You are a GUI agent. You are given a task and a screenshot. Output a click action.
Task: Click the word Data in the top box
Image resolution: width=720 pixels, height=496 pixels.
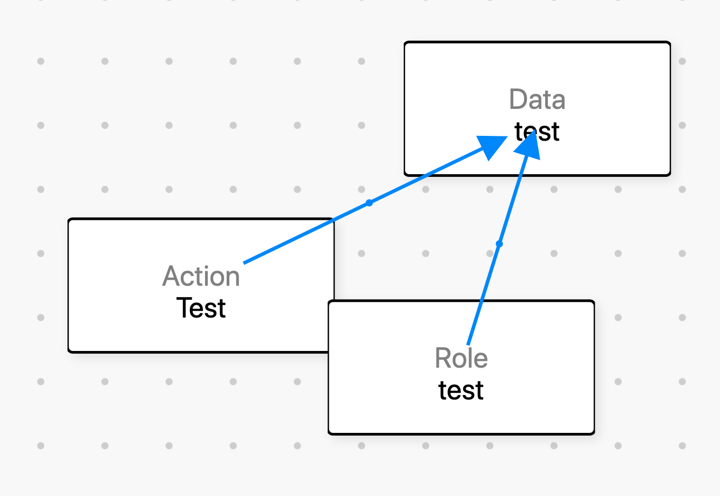click(537, 100)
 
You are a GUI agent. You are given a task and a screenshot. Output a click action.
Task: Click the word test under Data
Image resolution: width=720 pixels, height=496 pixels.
click(537, 132)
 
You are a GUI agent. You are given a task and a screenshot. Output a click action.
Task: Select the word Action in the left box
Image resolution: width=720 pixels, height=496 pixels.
click(201, 276)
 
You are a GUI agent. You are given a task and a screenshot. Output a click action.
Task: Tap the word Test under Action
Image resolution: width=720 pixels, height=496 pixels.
click(201, 308)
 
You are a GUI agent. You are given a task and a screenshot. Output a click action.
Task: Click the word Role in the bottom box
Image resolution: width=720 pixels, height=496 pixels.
click(461, 358)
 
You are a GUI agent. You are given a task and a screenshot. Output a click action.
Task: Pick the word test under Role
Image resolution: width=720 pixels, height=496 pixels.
click(461, 390)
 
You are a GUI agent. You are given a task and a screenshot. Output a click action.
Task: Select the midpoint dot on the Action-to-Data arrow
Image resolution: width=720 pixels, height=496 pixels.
click(369, 203)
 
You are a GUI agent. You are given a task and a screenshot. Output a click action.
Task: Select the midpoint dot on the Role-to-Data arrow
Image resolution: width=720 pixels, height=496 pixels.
click(499, 244)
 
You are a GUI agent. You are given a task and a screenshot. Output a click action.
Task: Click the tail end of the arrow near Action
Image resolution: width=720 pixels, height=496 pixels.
click(244, 263)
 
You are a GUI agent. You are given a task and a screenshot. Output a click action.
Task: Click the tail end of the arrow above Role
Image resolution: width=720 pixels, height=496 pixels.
click(468, 344)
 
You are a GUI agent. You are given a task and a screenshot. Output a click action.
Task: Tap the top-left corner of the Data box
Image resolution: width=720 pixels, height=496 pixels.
click(405, 43)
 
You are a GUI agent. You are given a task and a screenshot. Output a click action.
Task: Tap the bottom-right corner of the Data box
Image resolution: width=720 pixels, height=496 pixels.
click(670, 175)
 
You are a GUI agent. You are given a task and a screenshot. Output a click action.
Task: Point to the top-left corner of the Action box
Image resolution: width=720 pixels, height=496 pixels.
click(69, 219)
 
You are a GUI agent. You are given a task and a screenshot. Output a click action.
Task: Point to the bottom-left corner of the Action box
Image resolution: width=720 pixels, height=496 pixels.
click(69, 352)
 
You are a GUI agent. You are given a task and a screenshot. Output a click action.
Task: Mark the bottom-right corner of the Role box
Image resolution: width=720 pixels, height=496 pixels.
click(594, 433)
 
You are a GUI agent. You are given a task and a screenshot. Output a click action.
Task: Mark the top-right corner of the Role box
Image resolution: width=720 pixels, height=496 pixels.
click(594, 301)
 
